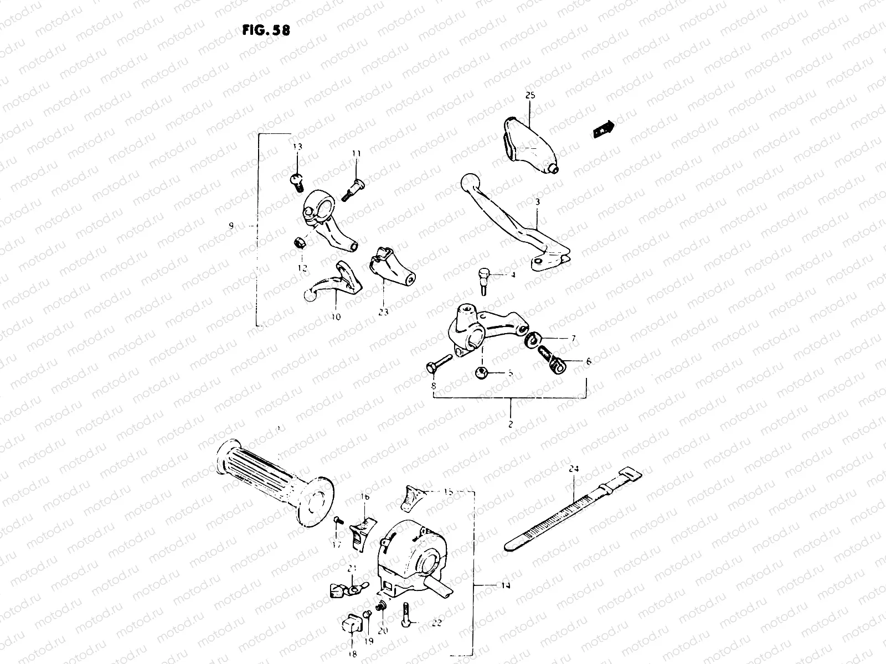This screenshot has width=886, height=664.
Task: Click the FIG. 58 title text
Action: tap(266, 30)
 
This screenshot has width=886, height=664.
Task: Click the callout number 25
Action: tap(530, 96)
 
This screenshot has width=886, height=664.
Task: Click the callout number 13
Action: tap(298, 147)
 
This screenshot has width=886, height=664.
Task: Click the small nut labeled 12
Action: tap(297, 242)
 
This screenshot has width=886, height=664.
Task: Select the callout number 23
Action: tap(384, 312)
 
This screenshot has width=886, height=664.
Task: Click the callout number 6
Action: tap(588, 361)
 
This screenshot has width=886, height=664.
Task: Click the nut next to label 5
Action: tap(481, 373)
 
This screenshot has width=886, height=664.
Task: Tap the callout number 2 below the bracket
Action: tap(510, 425)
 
